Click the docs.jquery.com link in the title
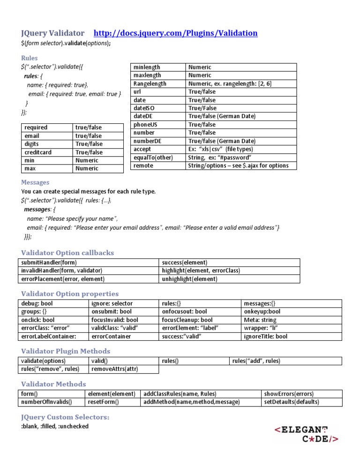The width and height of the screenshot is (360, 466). pos(176,33)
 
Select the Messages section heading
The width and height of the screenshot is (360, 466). pos(35,182)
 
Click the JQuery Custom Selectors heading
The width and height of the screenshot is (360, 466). pos(66,417)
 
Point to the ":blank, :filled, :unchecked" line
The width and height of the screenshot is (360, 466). pos(55,426)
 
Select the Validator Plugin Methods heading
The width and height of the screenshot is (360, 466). pos(66,351)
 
